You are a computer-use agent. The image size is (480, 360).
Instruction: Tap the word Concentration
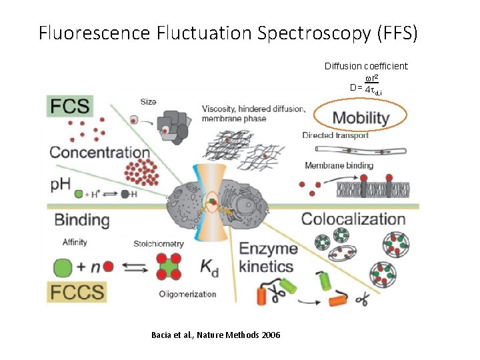coord(99,153)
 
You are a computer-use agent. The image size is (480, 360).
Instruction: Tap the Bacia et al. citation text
coord(216,334)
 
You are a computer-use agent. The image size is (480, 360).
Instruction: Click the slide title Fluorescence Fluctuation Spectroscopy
coord(228,33)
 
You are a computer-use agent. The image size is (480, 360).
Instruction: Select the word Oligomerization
coord(187,294)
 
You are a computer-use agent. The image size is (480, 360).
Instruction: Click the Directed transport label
coord(335,135)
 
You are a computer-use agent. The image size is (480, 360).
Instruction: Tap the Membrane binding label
coord(338,165)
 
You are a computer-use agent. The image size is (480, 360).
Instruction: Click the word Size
coord(148,102)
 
